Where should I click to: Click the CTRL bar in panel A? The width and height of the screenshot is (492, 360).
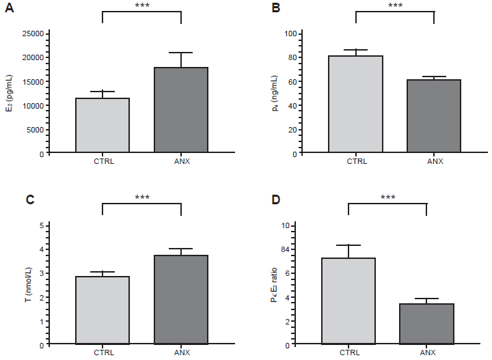pos(102,126)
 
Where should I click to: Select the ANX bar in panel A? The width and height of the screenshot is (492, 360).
pos(181,110)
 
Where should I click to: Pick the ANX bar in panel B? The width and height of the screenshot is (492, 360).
pos(434,116)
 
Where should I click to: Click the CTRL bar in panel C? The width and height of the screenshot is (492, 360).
pos(102,310)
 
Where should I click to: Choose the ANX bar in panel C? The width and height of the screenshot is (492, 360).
pos(181,300)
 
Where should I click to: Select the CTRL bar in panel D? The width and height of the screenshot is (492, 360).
pos(348,301)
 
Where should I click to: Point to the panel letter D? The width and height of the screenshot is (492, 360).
pos(276,200)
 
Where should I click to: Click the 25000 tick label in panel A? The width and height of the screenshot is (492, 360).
pos(33,33)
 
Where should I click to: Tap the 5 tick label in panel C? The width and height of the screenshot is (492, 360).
pos(41,225)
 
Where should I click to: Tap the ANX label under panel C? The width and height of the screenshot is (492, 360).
pos(181,352)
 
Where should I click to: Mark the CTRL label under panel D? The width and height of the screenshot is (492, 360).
pos(348,352)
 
